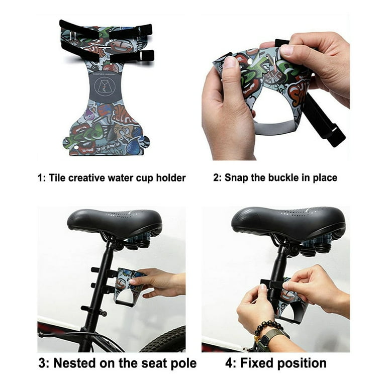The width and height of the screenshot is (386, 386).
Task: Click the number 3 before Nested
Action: (x=43, y=363)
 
